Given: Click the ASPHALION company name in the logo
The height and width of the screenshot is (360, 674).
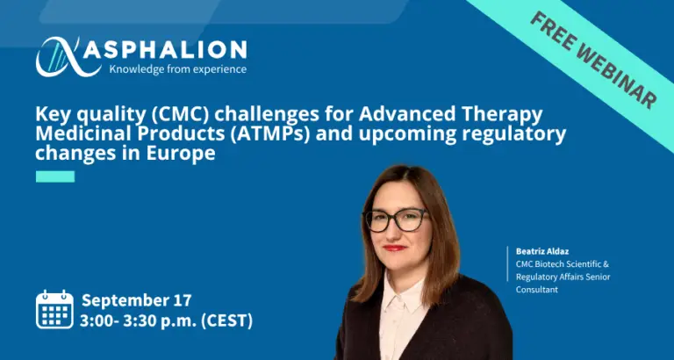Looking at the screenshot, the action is coord(165,49).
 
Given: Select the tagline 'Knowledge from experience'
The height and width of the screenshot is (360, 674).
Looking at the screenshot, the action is coord(178,68).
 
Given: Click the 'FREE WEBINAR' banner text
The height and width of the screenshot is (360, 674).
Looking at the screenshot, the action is coord(593,61).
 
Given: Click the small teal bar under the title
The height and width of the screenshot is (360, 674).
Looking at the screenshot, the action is coord(55,176).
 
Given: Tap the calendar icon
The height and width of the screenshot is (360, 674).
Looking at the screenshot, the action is coord(54,309).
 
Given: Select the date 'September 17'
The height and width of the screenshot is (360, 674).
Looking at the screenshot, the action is coord(137,299).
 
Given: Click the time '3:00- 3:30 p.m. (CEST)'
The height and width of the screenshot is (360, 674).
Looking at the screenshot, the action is coord(167,320).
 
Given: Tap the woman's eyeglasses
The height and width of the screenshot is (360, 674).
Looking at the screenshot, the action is coord(397,220).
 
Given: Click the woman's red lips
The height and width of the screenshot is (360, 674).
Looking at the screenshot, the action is coord(394,248).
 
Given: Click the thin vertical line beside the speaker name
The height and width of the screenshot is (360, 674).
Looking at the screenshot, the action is coord(507,263).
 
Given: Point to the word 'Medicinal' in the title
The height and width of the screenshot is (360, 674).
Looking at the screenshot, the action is coord(81,133).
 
